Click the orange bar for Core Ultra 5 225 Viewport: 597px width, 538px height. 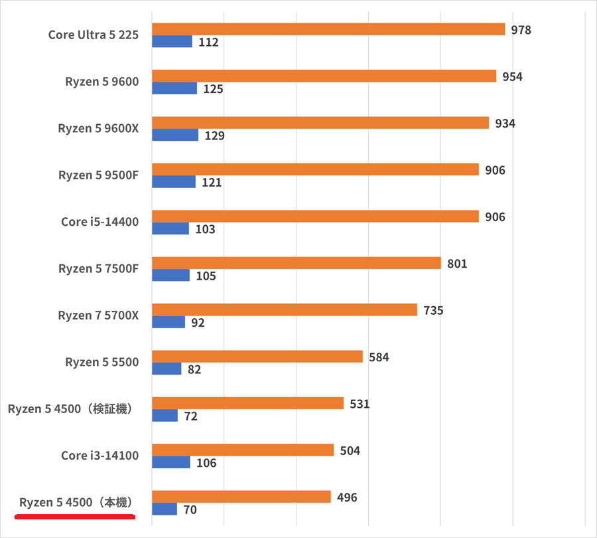click(x=328, y=29)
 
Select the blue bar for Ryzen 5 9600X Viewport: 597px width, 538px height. click(x=175, y=135)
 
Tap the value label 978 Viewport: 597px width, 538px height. click(x=521, y=30)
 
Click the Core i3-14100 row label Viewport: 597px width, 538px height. click(x=99, y=456)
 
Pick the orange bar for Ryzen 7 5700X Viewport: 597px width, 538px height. click(x=285, y=310)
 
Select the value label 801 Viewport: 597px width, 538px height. click(x=457, y=264)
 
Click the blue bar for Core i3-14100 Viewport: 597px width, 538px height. click(x=171, y=463)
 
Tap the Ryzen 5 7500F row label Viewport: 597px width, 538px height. click(x=98, y=269)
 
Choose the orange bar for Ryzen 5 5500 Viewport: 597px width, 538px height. click(x=257, y=357)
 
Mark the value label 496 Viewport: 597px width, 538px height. click(x=347, y=497)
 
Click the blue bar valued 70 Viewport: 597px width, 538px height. click(x=165, y=509)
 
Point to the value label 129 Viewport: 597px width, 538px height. click(x=214, y=136)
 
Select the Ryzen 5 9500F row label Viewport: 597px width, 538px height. click(x=98, y=175)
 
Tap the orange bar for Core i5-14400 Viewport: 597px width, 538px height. click(x=315, y=217)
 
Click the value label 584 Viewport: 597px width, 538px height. click(x=379, y=357)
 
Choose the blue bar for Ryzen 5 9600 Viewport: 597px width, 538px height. click(x=174, y=88)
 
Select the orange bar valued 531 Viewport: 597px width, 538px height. click(x=247, y=404)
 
